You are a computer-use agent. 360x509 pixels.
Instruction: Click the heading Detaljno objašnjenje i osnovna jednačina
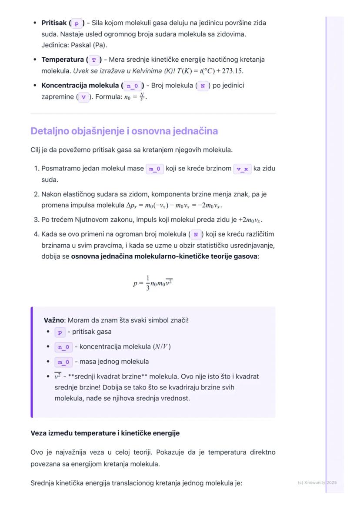click(x=124, y=131)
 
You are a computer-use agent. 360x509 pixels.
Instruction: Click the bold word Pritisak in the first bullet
click(x=54, y=23)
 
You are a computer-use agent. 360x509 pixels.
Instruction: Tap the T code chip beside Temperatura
click(x=93, y=60)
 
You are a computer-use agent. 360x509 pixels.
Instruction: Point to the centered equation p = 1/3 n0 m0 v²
click(x=153, y=283)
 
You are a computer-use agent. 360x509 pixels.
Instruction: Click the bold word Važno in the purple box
click(x=54, y=320)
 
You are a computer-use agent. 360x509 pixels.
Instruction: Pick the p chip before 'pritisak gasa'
click(x=60, y=333)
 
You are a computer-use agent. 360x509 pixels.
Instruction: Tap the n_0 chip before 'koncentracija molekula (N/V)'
click(x=63, y=347)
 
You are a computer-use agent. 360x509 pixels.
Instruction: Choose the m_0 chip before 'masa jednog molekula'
click(x=63, y=362)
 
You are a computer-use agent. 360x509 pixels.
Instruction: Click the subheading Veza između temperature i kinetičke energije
click(x=105, y=433)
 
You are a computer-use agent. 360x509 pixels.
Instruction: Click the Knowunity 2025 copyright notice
click(x=317, y=482)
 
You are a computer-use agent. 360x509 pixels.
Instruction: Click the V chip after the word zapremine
click(x=83, y=97)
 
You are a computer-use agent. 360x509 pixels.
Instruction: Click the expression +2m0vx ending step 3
click(x=250, y=220)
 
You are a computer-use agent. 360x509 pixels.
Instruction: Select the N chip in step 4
click(x=196, y=235)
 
